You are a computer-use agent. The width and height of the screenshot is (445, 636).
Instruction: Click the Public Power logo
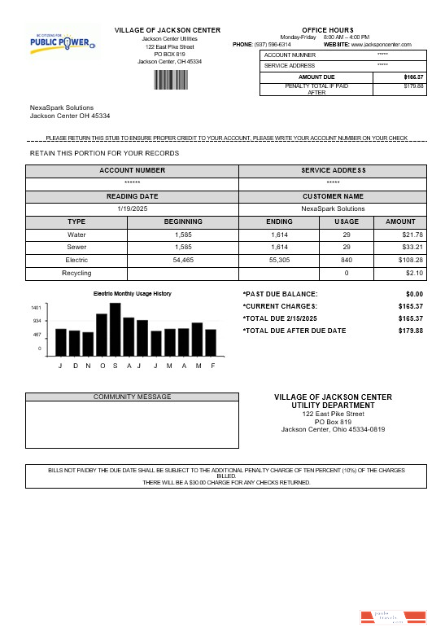[63, 41]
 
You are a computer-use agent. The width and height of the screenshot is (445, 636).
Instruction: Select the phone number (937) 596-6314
[273, 44]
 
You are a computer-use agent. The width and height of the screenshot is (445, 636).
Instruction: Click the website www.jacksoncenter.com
[381, 44]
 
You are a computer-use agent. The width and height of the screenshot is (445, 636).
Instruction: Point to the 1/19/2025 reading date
[132, 208]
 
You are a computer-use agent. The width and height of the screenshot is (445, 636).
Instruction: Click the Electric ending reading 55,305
[280, 260]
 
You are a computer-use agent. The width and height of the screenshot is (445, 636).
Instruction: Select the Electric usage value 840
[346, 260]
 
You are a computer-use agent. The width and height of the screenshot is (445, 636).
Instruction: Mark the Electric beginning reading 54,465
[183, 260]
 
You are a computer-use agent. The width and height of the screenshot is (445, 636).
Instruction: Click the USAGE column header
[347, 222]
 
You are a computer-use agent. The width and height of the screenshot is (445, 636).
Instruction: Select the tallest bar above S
[116, 329]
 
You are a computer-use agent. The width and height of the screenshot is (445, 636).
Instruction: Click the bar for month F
[211, 342]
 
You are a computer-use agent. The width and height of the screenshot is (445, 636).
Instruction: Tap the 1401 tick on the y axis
[36, 308]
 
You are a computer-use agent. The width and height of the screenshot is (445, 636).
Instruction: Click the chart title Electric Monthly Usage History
[133, 293]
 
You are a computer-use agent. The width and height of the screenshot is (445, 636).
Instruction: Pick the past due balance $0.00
[414, 294]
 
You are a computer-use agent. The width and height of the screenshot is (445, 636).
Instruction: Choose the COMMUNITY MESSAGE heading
[132, 397]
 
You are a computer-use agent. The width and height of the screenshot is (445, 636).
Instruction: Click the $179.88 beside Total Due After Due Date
[411, 331]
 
